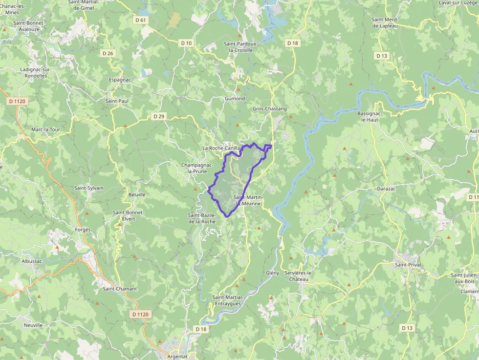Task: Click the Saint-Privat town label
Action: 408,265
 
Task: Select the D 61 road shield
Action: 140,20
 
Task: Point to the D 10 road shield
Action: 186,43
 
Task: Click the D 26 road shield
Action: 108,53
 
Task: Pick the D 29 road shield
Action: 159,116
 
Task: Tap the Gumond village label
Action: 235,99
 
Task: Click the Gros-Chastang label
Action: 270,108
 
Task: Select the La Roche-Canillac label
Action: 222,148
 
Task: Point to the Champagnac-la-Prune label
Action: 197,169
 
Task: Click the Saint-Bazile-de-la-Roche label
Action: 202,218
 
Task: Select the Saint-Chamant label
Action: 120,289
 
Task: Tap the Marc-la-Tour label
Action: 45,129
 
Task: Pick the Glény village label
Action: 272,273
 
